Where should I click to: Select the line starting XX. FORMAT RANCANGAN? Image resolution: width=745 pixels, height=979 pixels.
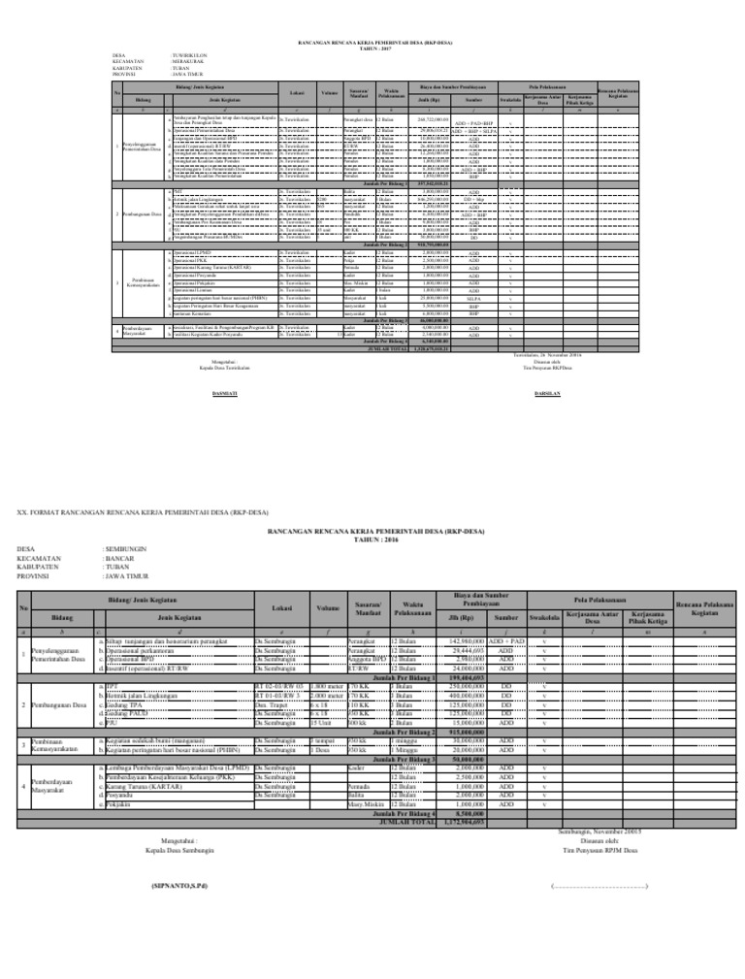click(x=145, y=511)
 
